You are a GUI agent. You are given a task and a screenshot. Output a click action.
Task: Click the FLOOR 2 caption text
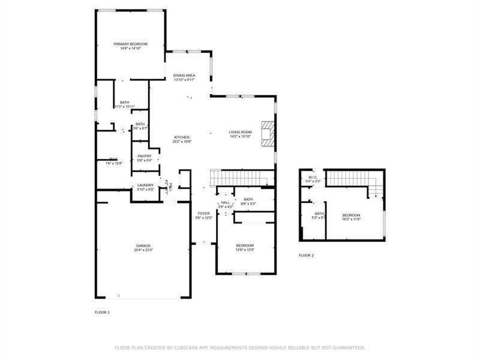[306, 256]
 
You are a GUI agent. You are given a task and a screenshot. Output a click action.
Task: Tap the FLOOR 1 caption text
[103, 313]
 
